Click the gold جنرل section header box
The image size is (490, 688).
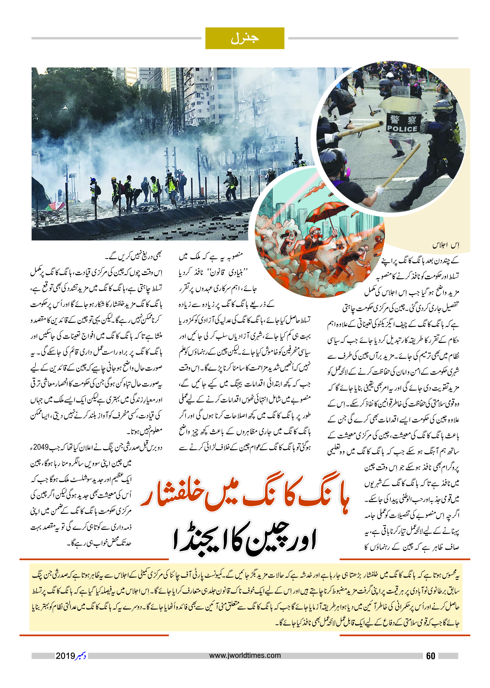[x=245, y=38]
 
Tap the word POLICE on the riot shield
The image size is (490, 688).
[x=402, y=129]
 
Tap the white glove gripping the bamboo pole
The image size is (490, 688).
[x=379, y=191]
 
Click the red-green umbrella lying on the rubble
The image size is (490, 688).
[x=56, y=206]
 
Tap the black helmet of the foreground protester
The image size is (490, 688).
[x=332, y=159]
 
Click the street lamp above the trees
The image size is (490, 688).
[x=65, y=107]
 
